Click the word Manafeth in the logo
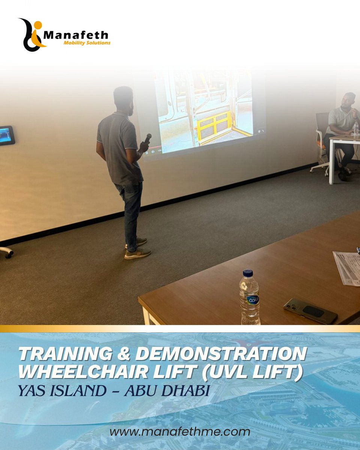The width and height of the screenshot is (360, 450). click(x=76, y=35)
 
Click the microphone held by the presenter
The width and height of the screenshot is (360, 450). click(x=147, y=138)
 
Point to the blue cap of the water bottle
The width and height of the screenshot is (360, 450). click(x=248, y=273)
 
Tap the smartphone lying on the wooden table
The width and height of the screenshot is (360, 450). click(x=310, y=310)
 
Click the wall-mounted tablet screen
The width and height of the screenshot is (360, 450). click(x=7, y=135)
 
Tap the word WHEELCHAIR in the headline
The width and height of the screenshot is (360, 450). click(x=90, y=372)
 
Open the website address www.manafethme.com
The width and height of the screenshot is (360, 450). click(x=180, y=432)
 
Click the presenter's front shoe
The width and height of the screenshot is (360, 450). click(x=138, y=254)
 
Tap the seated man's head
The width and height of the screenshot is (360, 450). click(x=350, y=100)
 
